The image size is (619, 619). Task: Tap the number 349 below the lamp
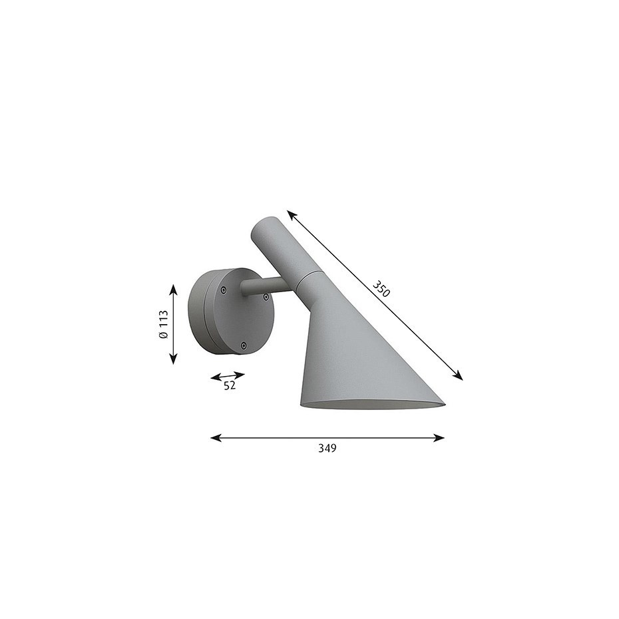coord(327,448)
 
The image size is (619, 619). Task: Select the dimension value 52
coord(230,385)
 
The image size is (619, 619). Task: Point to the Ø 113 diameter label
coord(163,325)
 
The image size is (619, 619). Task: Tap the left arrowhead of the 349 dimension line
coord(214,437)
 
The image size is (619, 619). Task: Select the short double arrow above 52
coord(228,376)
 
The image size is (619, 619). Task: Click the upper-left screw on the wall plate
coord(223,289)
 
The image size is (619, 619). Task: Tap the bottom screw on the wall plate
coord(244,345)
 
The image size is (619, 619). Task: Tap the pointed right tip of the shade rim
coord(443,402)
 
